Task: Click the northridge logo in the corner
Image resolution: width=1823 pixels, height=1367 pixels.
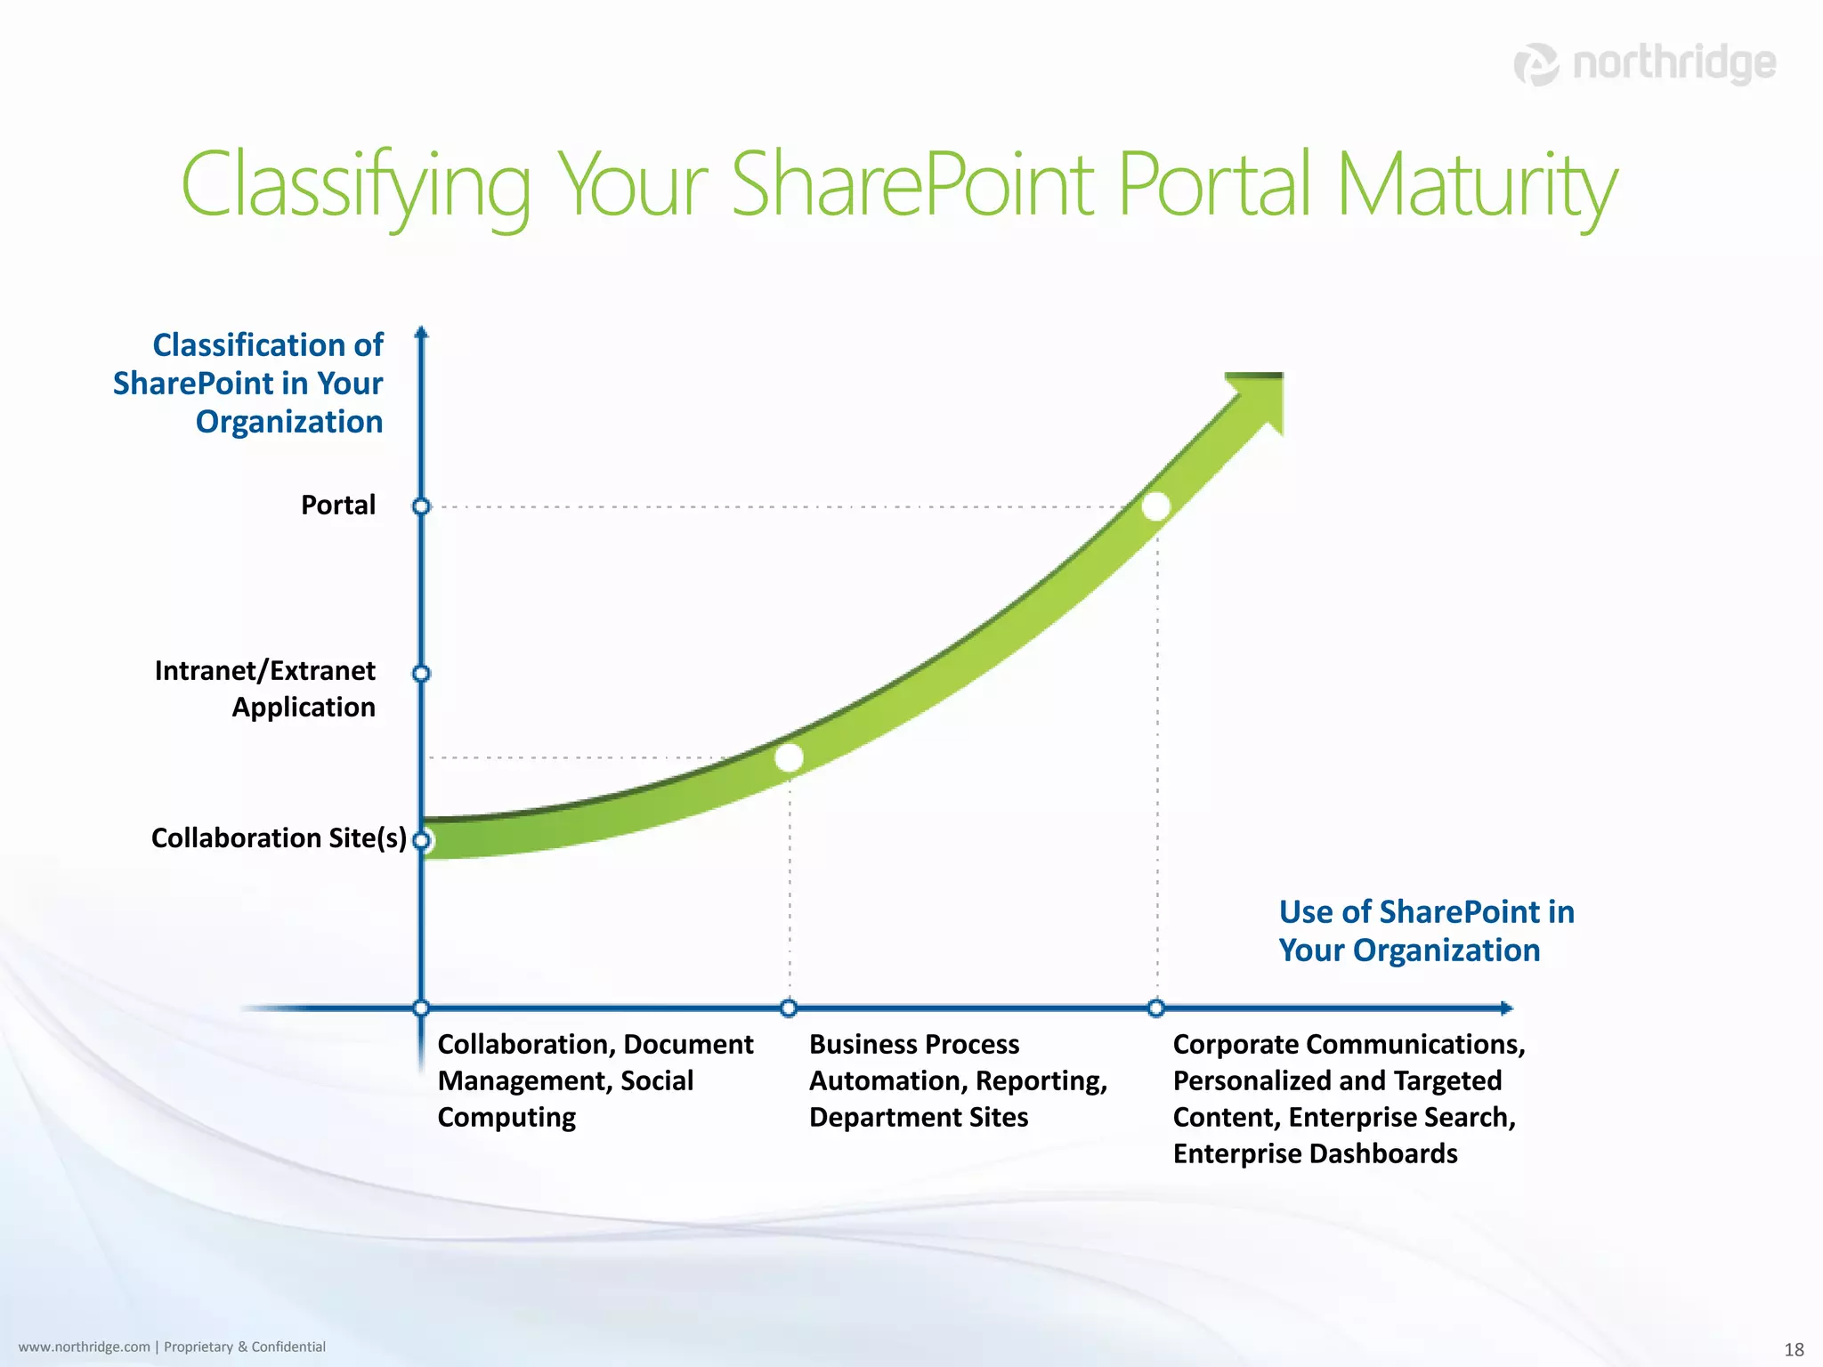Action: coord(1644,64)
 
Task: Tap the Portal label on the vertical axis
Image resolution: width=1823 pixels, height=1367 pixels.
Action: coord(338,505)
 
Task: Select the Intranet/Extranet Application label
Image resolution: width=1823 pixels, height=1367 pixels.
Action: coord(265,688)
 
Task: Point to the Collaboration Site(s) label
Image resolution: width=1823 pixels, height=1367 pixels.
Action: coord(279,837)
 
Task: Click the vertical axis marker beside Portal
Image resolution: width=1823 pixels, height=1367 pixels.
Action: coord(422,506)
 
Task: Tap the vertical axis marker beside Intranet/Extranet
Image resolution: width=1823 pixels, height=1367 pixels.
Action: coord(422,674)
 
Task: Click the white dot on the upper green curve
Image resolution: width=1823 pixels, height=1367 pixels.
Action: coord(1155,506)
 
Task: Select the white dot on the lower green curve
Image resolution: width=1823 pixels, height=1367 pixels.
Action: coord(789,757)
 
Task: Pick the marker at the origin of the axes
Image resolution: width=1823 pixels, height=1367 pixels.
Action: coord(422,1007)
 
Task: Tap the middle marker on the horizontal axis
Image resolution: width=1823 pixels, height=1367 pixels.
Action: coord(789,1007)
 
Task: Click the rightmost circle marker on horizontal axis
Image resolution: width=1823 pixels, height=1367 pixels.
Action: coord(1156,1007)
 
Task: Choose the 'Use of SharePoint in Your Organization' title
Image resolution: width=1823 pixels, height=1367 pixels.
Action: coord(1426,931)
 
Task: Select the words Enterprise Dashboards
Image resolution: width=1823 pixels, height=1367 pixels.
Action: coord(1315,1153)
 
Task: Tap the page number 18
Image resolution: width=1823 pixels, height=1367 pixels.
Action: coord(1794,1349)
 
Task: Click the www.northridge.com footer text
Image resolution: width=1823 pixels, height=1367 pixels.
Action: coord(85,1347)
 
